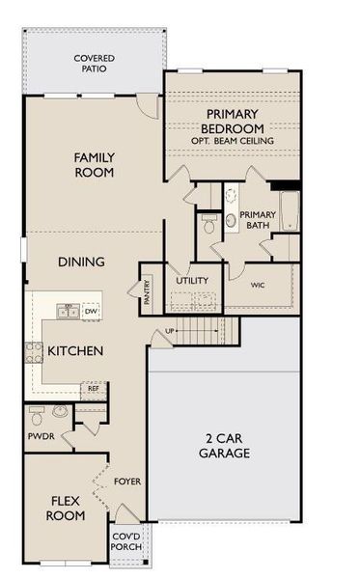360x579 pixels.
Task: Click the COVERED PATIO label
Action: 94,64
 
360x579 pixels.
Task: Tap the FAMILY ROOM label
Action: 95,164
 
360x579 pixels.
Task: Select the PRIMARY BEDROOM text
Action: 232,122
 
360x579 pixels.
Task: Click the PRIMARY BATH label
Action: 258,220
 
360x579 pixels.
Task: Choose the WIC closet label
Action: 258,286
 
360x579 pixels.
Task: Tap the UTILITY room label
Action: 192,281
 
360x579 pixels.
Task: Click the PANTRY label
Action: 147,292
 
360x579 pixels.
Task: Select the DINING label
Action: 81,262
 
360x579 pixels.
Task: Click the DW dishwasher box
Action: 91,311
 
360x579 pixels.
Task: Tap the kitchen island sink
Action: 68,311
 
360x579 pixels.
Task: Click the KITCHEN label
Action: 75,351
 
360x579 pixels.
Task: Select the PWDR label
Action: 41,436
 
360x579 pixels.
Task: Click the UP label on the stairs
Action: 171,331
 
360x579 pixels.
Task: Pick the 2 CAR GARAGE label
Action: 224,445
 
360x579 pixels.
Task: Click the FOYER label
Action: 127,480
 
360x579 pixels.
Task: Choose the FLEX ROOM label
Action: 66,508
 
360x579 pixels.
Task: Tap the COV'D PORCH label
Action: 126,541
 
